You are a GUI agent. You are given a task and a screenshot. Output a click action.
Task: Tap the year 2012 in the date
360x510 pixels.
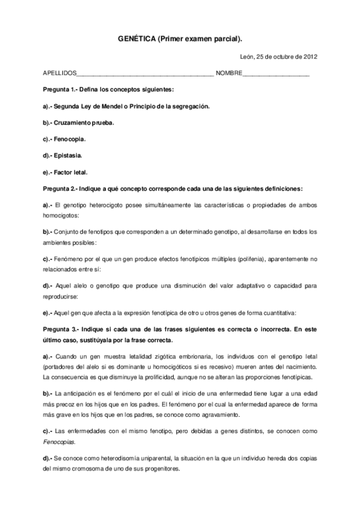coord(309,57)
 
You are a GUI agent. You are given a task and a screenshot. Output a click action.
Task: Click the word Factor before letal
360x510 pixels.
coord(64,171)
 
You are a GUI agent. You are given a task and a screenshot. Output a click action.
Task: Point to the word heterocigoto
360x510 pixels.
coord(104,204)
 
